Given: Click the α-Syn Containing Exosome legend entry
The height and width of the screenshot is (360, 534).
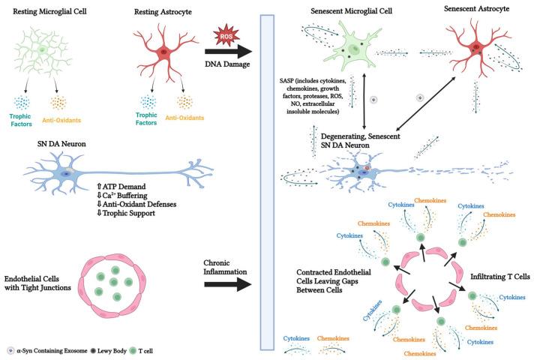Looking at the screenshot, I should point(56,350).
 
